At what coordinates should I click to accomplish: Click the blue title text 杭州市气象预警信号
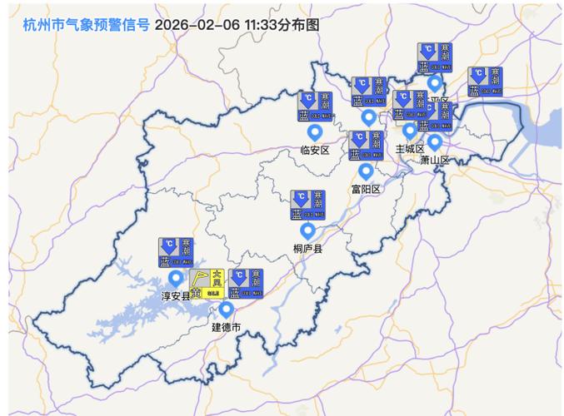coord(86,25)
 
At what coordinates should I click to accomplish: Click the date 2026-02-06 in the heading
coord(197,25)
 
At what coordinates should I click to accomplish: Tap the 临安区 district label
coord(315,151)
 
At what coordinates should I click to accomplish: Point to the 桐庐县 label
coord(307,248)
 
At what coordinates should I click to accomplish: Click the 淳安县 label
coord(176,296)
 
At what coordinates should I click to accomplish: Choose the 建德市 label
coord(226,328)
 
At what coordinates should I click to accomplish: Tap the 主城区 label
coord(410,148)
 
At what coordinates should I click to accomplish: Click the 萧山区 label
coord(434,160)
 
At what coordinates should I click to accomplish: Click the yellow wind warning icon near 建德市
coord(207,284)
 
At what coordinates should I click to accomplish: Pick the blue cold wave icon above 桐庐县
coord(307,205)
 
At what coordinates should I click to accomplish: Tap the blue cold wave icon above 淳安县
coord(176,253)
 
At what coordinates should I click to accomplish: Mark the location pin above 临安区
coord(315,132)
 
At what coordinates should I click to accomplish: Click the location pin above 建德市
coord(226,310)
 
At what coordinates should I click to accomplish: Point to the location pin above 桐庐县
coord(307,230)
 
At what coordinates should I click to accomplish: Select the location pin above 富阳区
coord(365,171)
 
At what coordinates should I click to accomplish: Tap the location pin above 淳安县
coord(176,278)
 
